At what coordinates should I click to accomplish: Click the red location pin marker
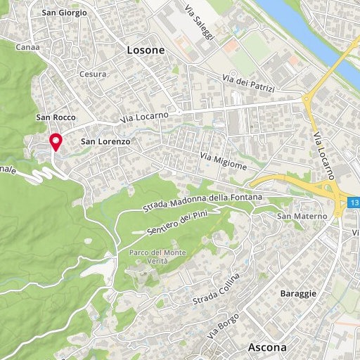(56, 141)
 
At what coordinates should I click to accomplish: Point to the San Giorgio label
(65, 13)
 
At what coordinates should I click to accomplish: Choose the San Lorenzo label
(106, 141)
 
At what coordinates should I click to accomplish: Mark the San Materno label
(294, 215)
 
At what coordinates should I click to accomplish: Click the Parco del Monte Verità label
(149, 257)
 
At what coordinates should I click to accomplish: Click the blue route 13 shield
(353, 203)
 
